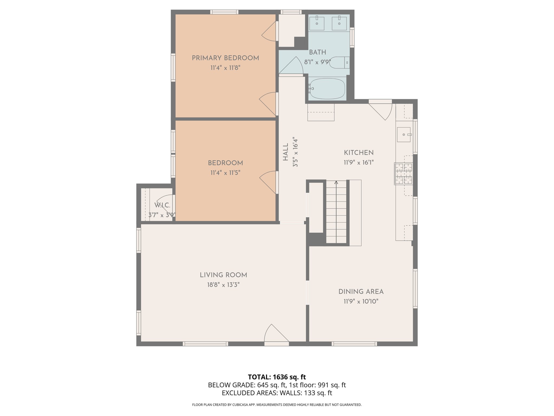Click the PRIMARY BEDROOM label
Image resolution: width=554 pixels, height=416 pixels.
tap(225, 58)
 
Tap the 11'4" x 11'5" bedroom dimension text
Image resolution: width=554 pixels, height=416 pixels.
tap(225, 173)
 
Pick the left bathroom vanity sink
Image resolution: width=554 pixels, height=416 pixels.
tap(316, 23)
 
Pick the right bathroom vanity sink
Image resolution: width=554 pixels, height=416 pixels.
tap(339, 23)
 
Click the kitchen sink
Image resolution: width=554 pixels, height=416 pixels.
tap(404, 135)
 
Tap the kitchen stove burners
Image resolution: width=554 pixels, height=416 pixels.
tap(403, 174)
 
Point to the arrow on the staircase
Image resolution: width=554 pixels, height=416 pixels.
tap(336, 183)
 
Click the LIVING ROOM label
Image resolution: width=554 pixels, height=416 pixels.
tap(223, 275)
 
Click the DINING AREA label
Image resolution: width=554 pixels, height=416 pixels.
tap(361, 292)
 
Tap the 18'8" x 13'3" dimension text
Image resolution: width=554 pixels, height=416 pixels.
tap(223, 285)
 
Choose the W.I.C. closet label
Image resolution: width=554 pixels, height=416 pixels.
tap(162, 205)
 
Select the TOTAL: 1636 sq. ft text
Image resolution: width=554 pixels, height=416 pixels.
tap(277, 377)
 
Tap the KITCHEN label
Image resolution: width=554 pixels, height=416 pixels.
tap(359, 153)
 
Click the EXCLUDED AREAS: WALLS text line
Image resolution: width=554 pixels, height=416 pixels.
tap(277, 393)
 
